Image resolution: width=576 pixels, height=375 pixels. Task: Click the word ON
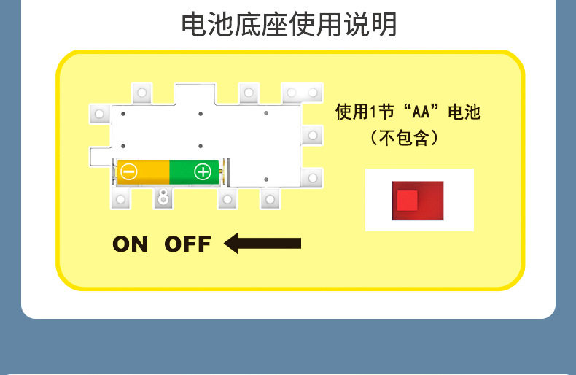point(130,244)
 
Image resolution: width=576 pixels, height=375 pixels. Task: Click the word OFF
point(187,244)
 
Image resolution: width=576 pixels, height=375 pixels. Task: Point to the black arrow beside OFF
point(262,243)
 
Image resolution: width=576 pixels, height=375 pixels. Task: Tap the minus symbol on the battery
point(129,172)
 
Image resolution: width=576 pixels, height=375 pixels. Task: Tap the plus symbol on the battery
point(202,172)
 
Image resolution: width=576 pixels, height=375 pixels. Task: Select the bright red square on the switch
point(407,200)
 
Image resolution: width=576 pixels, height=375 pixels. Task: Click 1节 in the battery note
point(383,112)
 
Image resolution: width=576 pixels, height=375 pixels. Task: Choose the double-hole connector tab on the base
point(302,93)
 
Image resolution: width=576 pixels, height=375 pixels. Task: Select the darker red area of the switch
point(431,201)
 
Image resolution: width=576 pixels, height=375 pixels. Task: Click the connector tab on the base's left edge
point(100,113)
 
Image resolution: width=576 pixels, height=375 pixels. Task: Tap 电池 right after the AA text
point(464,112)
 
